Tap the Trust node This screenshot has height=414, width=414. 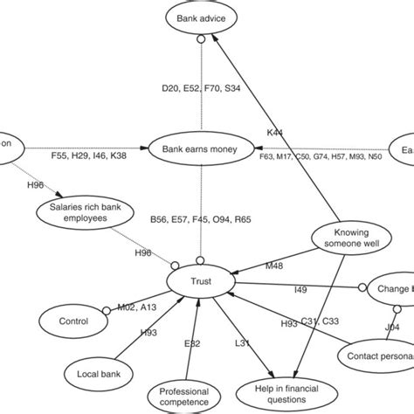pos(201,281)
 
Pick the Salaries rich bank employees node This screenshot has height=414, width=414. pos(78,212)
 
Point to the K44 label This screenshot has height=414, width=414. pos(274,133)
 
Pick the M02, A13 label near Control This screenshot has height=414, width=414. pos(136,307)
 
